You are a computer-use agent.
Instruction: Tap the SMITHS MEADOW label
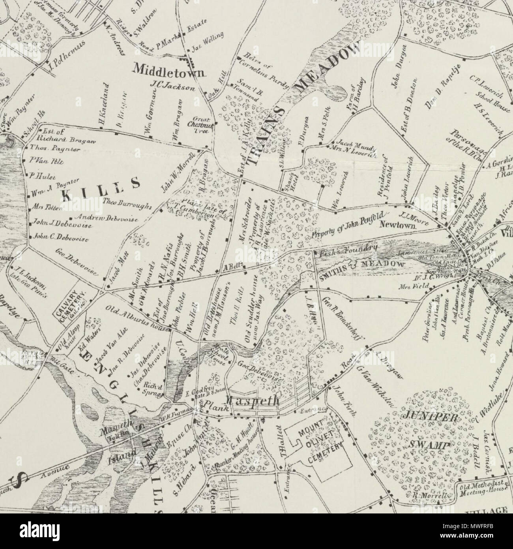point(363,266)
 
